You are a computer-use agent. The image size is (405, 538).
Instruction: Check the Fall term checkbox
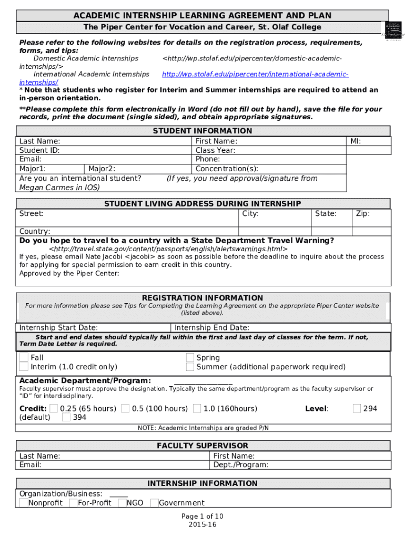24,357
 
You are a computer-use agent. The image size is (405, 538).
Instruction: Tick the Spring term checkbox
190,357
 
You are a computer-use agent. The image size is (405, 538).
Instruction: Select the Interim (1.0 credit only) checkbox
24,367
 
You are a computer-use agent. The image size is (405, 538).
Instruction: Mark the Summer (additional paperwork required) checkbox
190,367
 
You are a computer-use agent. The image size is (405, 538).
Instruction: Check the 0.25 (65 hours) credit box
54,408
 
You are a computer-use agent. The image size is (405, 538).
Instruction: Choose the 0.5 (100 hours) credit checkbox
125,408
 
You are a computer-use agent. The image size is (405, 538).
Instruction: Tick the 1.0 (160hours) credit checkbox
197,408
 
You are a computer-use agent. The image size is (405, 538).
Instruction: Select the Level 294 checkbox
357,408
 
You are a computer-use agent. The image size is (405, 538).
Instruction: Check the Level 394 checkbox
66,418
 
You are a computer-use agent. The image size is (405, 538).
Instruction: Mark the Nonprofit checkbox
23,503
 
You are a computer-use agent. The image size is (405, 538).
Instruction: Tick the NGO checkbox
122,503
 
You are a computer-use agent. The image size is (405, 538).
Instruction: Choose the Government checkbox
154,503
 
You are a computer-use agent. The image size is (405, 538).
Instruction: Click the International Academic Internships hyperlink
255,75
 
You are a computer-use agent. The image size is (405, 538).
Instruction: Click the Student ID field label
39,150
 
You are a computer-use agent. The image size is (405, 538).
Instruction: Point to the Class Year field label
215,150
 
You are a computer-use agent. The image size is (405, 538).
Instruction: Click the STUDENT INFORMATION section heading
202,131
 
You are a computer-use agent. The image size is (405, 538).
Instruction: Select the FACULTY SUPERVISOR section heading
202,446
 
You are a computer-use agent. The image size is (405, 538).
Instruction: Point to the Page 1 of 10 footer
202,516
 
